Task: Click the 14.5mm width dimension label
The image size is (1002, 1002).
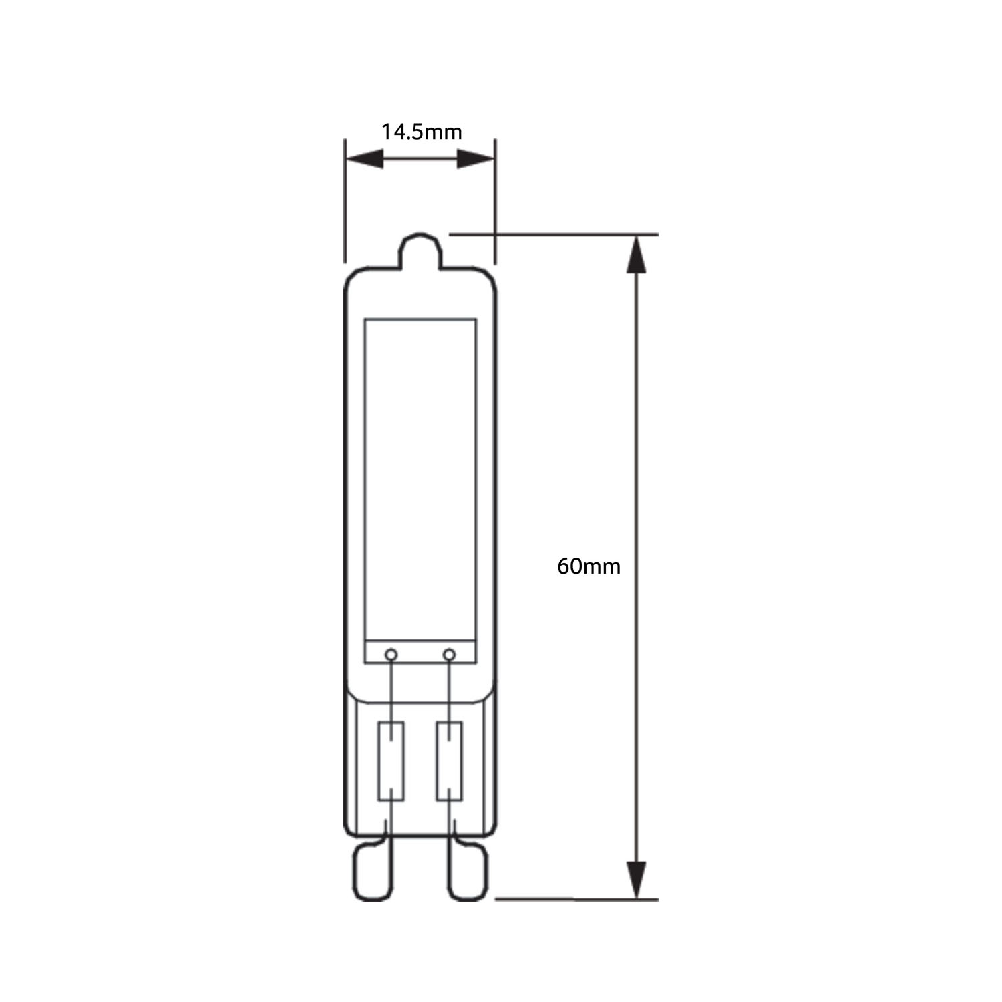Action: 422,132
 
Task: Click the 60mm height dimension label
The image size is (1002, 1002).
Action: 589,567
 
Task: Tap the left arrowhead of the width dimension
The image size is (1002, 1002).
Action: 365,159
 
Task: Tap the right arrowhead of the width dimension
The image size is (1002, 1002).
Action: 476,159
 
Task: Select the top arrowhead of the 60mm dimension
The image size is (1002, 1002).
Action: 637,254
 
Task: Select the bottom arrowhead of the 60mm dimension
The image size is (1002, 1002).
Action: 637,880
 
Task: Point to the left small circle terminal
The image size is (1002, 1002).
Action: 392,654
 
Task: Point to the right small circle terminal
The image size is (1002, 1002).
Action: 450,654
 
